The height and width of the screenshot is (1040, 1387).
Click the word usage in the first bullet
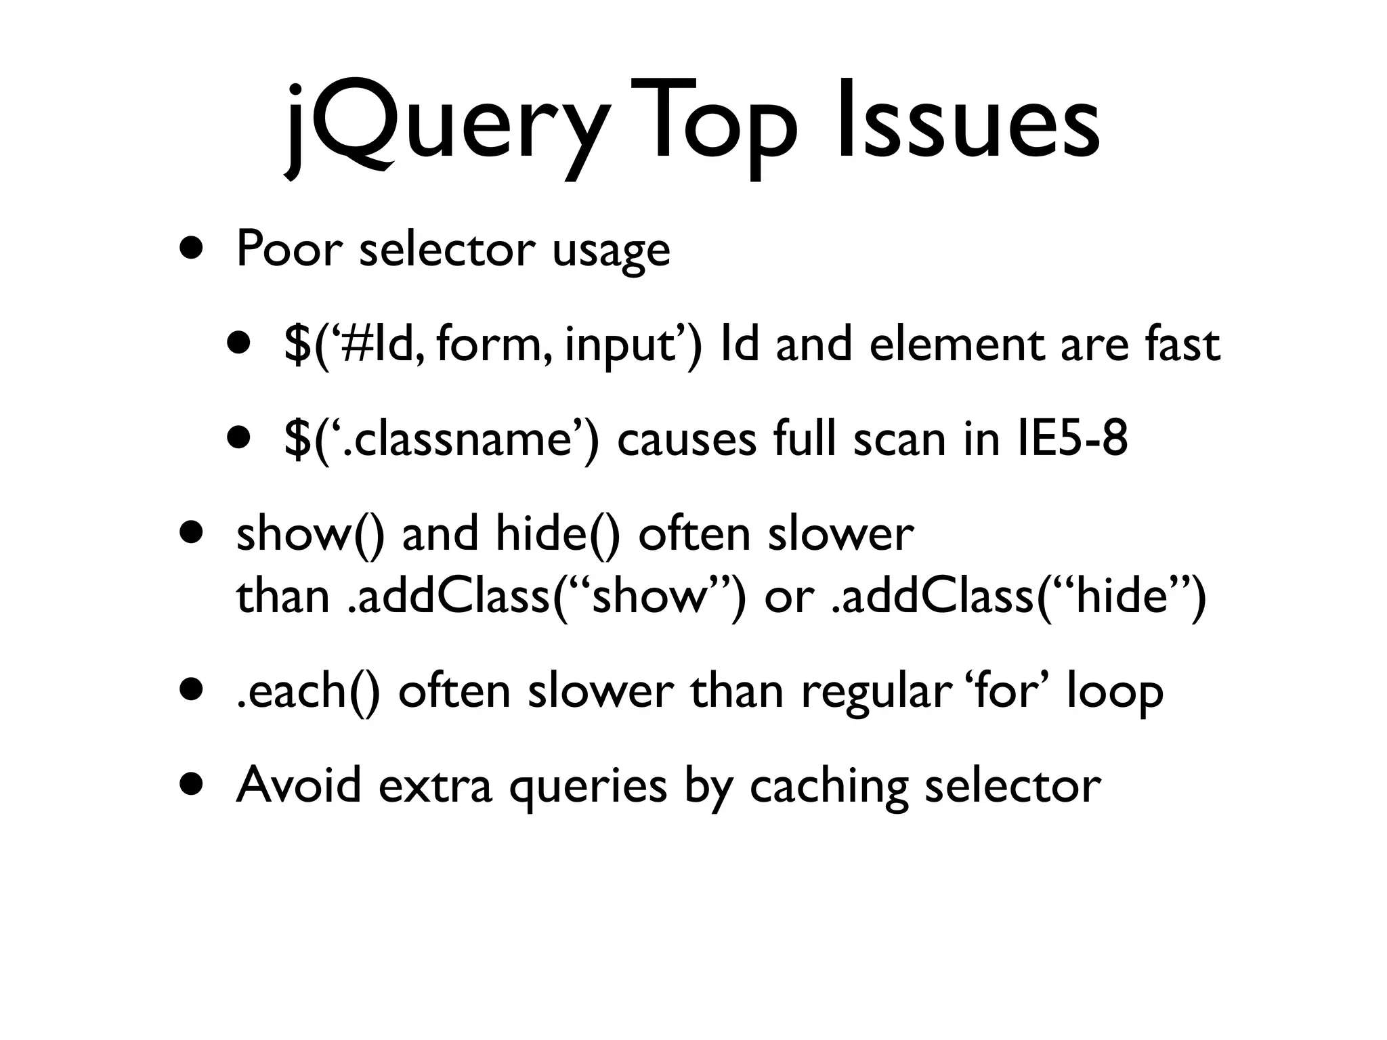611,252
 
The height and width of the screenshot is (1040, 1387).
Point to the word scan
897,439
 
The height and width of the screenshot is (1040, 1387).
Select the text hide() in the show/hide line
558,534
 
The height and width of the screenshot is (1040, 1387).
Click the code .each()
308,691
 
